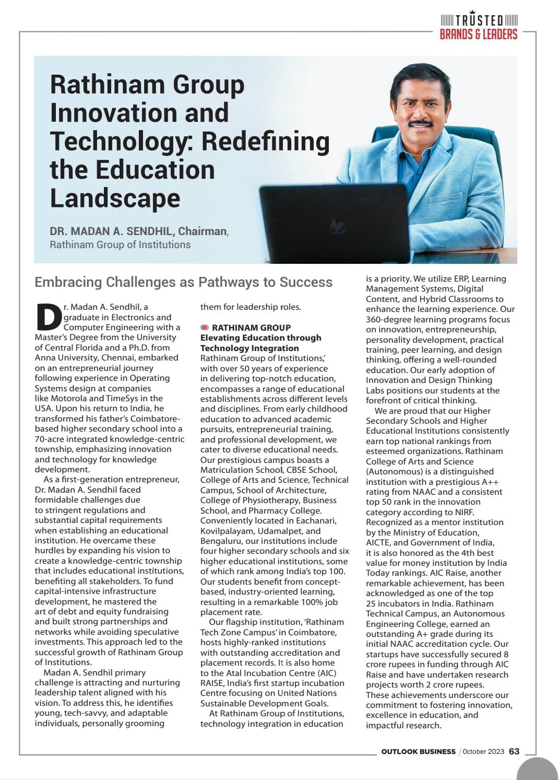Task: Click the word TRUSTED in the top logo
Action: point(479,21)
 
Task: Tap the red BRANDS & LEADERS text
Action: point(479,34)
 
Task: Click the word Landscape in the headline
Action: point(115,198)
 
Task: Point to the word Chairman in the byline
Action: point(202,231)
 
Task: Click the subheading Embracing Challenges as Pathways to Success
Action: point(183,282)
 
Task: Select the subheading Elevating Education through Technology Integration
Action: point(260,343)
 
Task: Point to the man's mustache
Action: point(420,124)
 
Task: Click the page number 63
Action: point(514,751)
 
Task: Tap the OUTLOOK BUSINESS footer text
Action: point(418,751)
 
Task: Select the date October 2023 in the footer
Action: point(483,751)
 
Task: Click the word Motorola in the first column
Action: point(68,398)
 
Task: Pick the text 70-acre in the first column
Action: point(50,439)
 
